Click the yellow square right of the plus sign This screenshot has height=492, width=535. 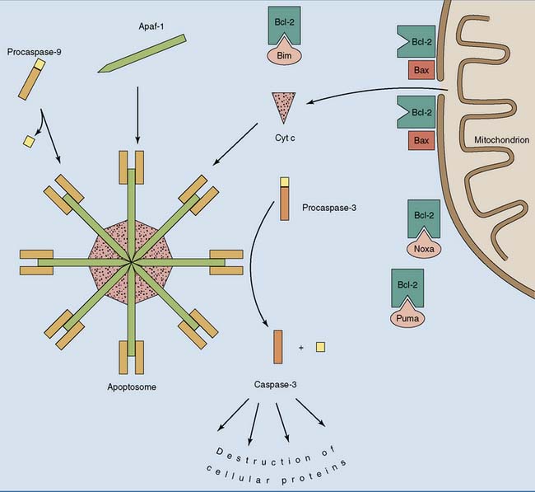tap(319, 347)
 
